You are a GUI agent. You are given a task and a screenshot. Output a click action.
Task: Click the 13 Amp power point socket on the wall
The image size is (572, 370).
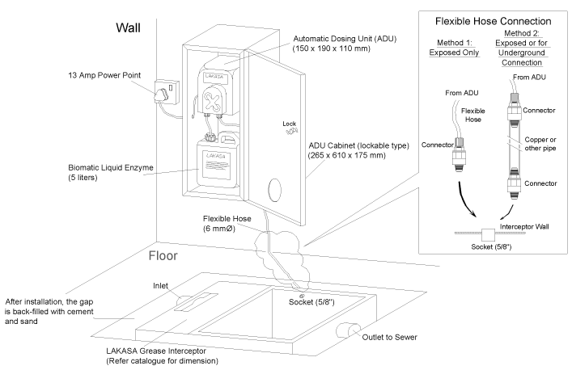coord(167,92)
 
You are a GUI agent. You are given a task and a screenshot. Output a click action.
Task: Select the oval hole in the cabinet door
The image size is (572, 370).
coord(275,190)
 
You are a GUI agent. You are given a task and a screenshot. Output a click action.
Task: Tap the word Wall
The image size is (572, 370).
coord(128,27)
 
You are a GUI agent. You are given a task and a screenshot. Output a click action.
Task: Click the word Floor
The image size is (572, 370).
coord(163,255)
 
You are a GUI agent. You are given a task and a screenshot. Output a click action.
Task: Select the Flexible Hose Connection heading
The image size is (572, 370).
coord(493,21)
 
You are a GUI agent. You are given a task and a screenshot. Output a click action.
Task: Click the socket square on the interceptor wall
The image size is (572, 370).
coord(488,235)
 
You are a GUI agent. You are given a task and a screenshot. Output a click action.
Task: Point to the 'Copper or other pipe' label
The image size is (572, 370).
coord(540,144)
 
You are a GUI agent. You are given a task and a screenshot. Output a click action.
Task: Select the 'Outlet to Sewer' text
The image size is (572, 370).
coord(389,337)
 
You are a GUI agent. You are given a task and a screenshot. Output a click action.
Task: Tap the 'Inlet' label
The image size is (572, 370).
coord(160,286)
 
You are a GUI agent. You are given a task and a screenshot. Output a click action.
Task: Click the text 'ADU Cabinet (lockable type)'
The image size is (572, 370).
coord(358,145)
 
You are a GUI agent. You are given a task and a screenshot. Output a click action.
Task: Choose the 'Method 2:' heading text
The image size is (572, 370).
coord(521,33)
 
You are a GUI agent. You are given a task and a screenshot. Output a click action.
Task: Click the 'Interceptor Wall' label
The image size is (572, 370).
coord(523,226)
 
